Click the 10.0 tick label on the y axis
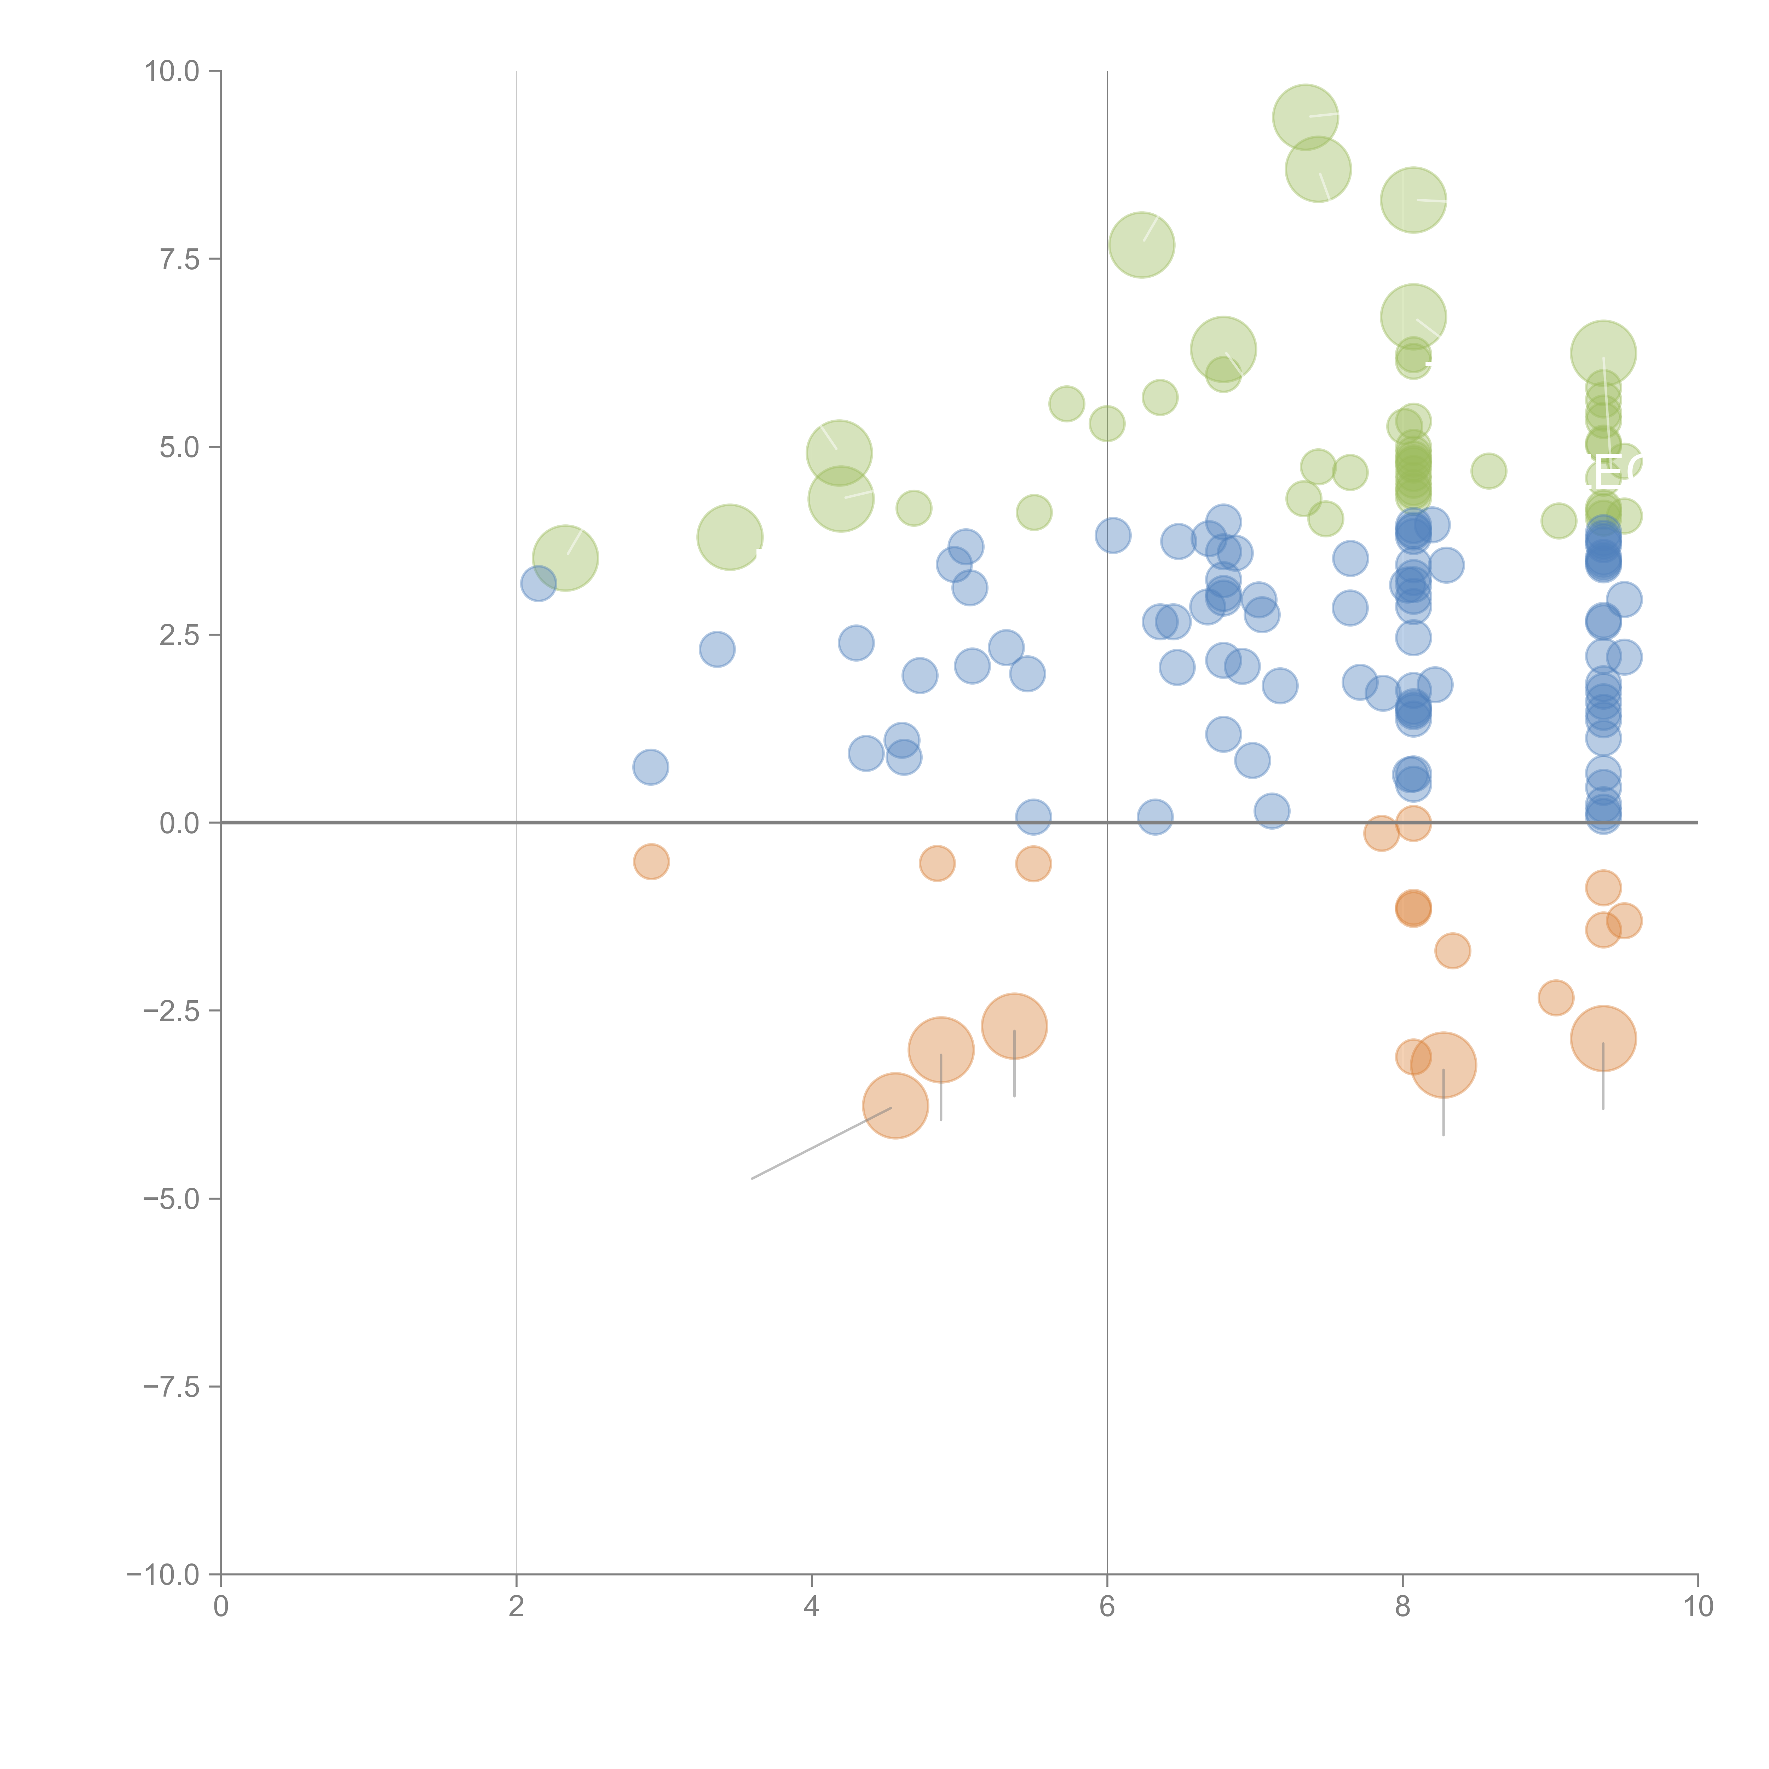pos(172,71)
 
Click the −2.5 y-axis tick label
pos(172,1011)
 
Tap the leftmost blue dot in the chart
pos(538,583)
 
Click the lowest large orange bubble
pos(895,1106)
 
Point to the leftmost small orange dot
pos(651,862)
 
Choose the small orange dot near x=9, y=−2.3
pos(1556,997)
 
